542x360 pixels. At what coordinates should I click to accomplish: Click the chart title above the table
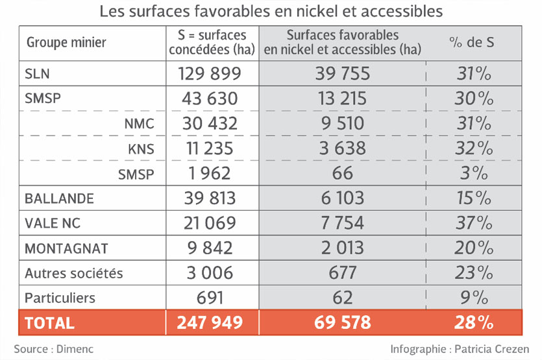(271, 11)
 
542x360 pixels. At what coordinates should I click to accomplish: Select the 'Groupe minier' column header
(66, 43)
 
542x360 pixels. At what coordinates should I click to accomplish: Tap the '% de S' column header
(472, 43)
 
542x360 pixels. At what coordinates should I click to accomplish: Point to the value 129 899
(210, 73)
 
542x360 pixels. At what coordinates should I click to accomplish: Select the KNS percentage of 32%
(474, 149)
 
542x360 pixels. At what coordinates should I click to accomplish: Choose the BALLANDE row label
(59, 198)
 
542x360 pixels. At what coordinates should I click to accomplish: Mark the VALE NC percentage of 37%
(474, 223)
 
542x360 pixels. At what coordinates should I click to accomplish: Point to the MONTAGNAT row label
(66, 248)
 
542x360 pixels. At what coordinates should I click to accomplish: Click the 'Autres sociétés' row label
(73, 273)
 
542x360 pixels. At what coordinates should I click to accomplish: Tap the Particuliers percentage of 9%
(474, 298)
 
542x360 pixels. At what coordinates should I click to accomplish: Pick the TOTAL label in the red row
(49, 322)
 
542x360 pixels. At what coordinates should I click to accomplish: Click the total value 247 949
(210, 322)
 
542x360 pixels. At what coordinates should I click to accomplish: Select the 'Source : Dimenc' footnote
(54, 348)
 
